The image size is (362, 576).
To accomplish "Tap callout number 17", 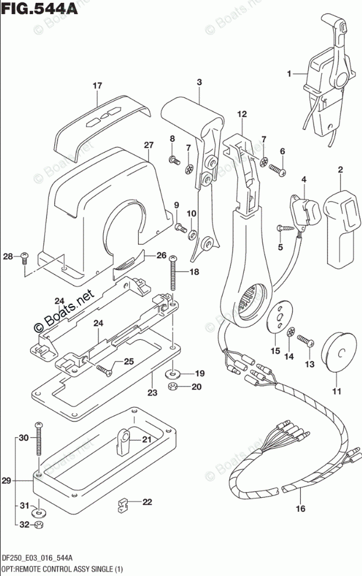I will click(97, 86).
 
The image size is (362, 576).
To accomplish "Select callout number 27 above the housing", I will click(148, 145).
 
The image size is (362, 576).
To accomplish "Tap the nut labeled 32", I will click(37, 525).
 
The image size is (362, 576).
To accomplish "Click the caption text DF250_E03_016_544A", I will click(37, 559).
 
